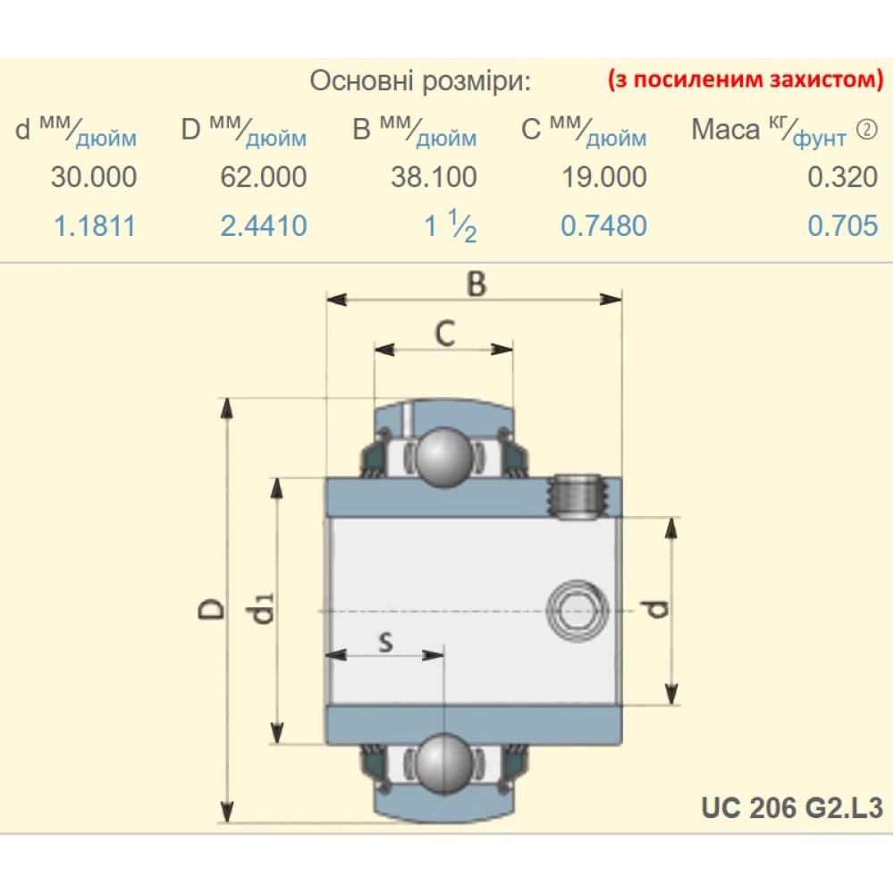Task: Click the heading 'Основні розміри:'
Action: pyautogui.click(x=420, y=82)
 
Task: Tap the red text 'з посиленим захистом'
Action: pyautogui.click(x=745, y=80)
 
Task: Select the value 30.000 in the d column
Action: pyautogui.click(x=94, y=177)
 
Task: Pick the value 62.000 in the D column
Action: pyautogui.click(x=263, y=177)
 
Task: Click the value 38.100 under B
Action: pyautogui.click(x=434, y=177)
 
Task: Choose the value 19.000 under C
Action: pyautogui.click(x=603, y=177)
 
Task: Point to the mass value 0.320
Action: pyautogui.click(x=842, y=177)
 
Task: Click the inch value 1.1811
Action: pyautogui.click(x=95, y=225)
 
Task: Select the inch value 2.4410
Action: pyautogui.click(x=263, y=225)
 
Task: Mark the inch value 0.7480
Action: pyautogui.click(x=603, y=225)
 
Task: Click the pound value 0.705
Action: pyautogui.click(x=842, y=225)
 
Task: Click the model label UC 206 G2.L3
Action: pyautogui.click(x=792, y=808)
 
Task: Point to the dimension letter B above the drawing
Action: pyautogui.click(x=477, y=283)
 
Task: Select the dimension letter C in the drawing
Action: pyautogui.click(x=444, y=333)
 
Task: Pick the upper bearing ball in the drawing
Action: pyautogui.click(x=444, y=457)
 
